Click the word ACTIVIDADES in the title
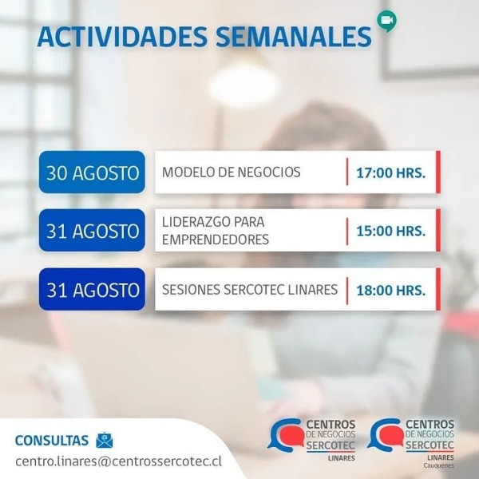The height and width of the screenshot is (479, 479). tap(122, 37)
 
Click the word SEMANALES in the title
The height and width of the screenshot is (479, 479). tap(294, 37)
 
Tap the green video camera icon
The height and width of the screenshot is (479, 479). tap(386, 21)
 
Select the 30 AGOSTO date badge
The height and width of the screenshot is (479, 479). tap(92, 172)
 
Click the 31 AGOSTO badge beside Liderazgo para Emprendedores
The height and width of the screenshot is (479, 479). tap(92, 231)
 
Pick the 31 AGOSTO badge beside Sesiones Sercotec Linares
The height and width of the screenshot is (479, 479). tap(92, 289)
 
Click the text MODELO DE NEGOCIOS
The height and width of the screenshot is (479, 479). tap(232, 172)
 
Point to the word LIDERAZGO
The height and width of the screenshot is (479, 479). tap(194, 222)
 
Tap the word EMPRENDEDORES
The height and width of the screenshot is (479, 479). tap(216, 239)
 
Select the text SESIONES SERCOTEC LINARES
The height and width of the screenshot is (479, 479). tap(250, 290)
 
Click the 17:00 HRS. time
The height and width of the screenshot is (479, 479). tap(390, 173)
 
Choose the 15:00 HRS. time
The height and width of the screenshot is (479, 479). tap(390, 231)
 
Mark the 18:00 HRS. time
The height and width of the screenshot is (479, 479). tap(390, 291)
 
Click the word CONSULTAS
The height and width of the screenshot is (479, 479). tap(52, 441)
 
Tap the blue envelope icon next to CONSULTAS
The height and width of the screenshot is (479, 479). tap(105, 440)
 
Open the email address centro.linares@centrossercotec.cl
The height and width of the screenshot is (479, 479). tap(118, 461)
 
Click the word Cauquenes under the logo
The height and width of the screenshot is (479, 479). tap(438, 466)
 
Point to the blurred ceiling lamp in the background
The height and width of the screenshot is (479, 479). tap(243, 85)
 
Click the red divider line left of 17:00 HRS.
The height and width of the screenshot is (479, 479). tap(347, 172)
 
